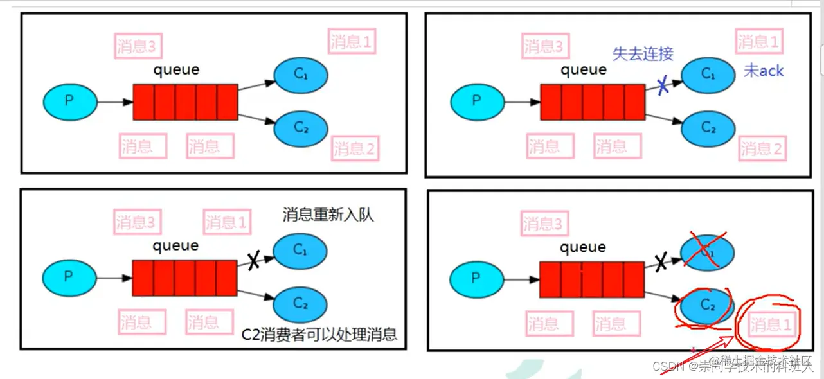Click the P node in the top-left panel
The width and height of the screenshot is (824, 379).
70,101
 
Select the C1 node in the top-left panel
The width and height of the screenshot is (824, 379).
301,75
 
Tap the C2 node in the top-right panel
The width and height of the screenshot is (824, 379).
708,128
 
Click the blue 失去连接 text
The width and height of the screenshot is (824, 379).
643,53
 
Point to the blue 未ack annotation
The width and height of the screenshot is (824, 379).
764,71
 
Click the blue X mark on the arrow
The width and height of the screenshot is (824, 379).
663,87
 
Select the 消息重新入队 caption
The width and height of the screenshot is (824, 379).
328,215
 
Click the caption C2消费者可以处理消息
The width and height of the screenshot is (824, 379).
319,334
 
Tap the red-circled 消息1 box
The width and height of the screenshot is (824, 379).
771,325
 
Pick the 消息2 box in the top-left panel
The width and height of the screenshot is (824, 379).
354,149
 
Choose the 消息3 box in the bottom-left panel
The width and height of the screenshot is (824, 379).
136,223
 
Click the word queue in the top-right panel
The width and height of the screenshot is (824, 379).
583,69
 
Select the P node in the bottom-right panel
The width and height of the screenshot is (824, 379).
476,278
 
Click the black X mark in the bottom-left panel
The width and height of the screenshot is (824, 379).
253,260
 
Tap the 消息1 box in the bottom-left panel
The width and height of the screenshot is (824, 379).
226,223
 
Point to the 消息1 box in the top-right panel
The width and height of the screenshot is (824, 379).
758,42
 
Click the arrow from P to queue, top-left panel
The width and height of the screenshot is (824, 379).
114,101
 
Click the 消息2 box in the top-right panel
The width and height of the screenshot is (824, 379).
761,149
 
